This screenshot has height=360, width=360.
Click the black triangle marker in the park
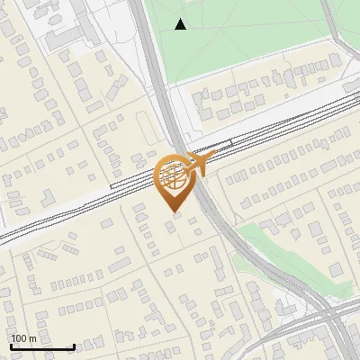click(181, 24)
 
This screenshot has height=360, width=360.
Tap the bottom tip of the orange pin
click(174, 212)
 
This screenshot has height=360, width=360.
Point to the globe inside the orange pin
click(174, 175)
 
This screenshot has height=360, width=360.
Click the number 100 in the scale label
click(19, 338)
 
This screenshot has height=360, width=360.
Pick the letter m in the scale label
click(32, 338)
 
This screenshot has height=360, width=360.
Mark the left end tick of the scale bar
click(11, 346)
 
